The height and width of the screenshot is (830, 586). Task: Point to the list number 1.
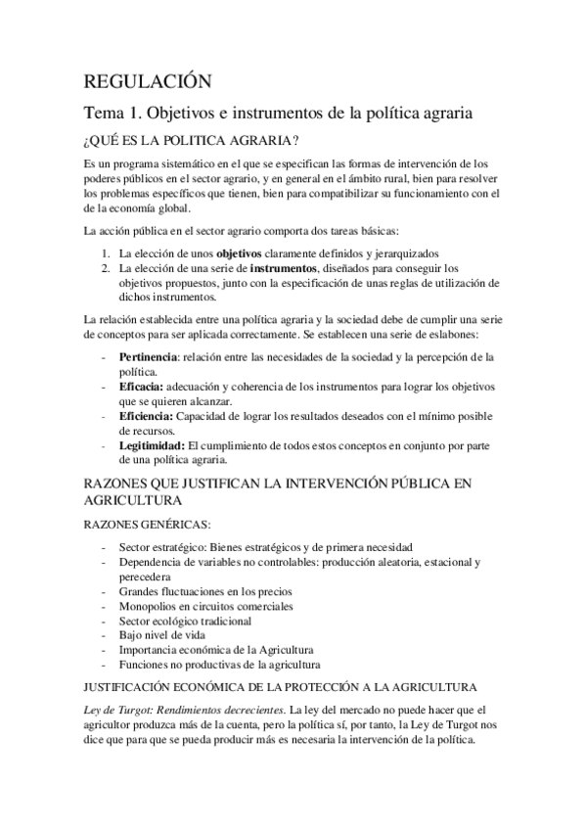(x=106, y=252)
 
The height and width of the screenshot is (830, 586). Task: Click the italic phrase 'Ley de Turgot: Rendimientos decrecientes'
(x=199, y=709)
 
